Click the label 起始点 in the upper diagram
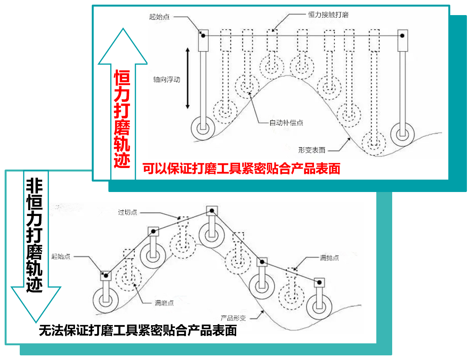click(159, 17)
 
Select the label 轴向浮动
click(166, 80)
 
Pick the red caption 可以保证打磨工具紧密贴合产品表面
click(241, 169)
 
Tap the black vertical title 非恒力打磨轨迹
click(34, 236)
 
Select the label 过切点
click(128, 213)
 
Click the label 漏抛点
click(329, 258)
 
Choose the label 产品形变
click(233, 318)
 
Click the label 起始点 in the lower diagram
click(61, 257)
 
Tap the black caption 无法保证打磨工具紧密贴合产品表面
click(138, 330)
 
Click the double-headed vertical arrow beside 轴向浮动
click(188, 79)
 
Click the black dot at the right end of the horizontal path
click(403, 36)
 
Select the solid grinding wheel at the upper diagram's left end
click(203, 128)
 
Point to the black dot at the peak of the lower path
click(211, 211)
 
